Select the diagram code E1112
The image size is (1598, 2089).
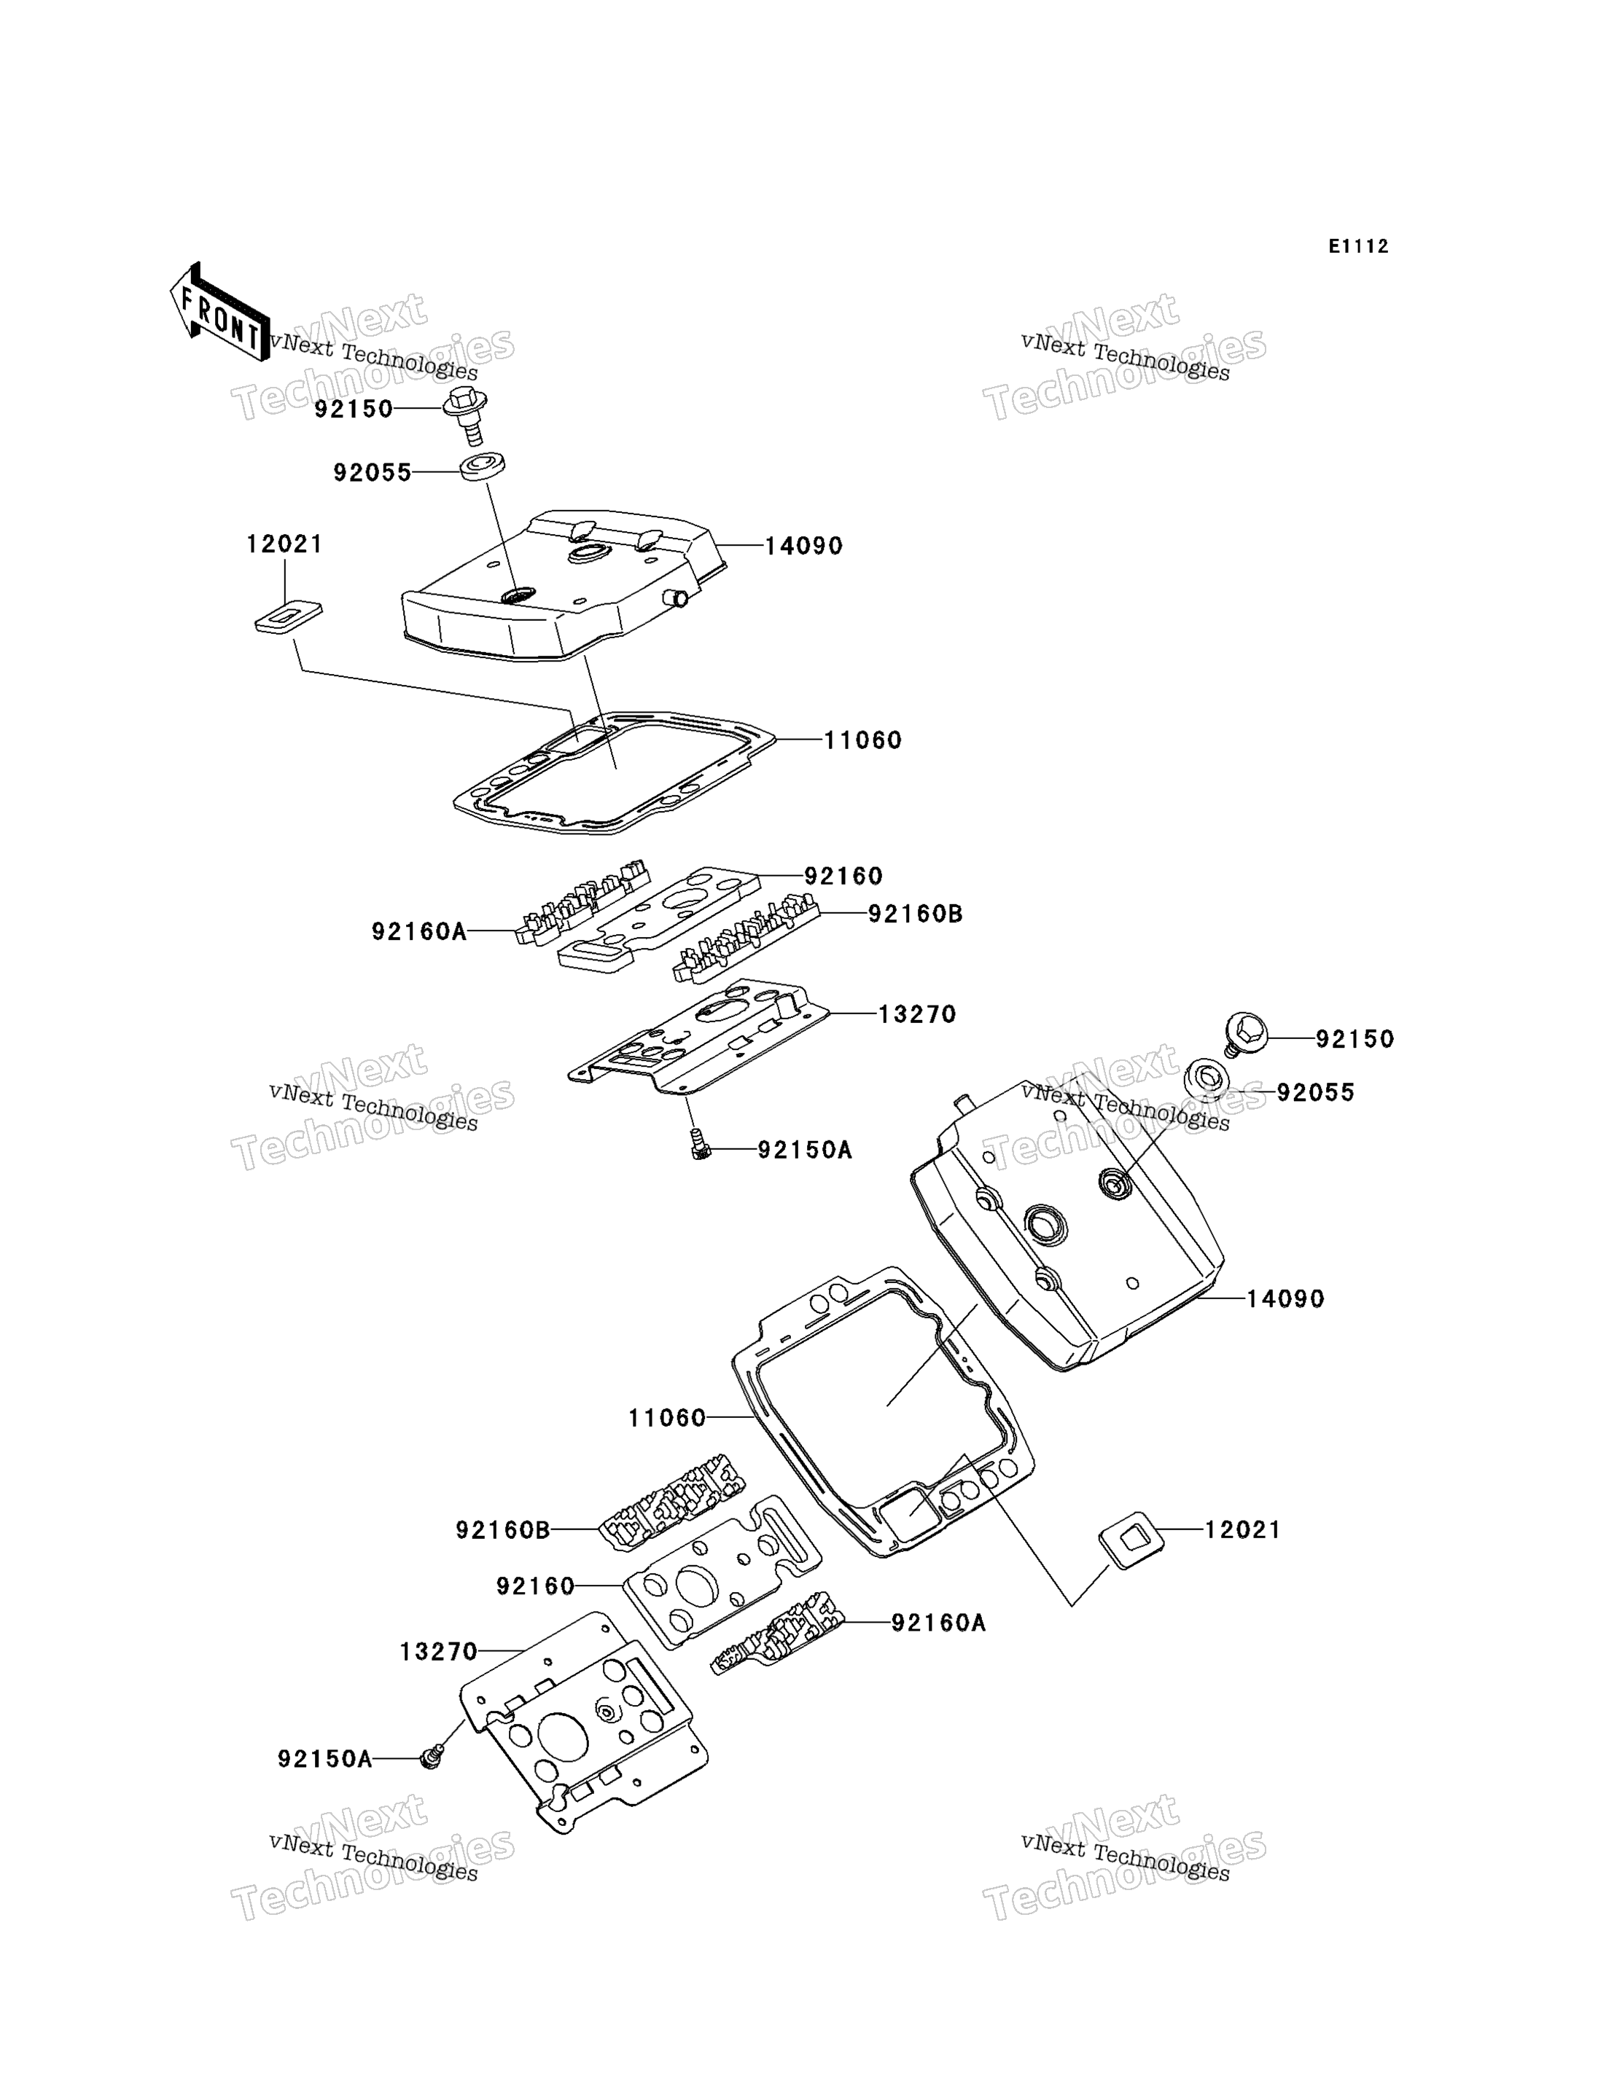[1358, 246]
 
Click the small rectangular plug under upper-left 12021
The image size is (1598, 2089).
[288, 616]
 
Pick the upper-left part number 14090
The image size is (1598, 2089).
[804, 546]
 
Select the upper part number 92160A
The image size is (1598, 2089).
[419, 932]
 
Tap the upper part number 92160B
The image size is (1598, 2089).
[915, 914]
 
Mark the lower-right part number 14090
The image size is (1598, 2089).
[1285, 1299]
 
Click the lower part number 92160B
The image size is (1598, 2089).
[503, 1530]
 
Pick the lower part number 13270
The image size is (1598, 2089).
[438, 1653]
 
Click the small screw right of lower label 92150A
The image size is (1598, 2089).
[432, 1758]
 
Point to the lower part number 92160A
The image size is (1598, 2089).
[938, 1623]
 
